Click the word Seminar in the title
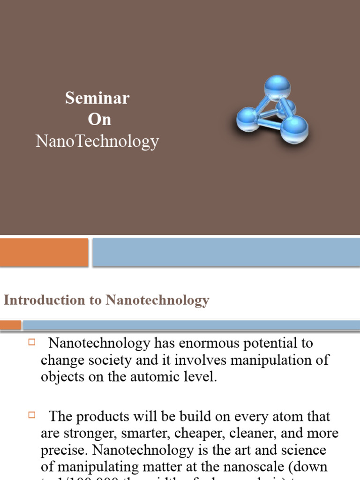[97, 98]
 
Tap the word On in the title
[99, 120]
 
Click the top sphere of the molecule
[277, 88]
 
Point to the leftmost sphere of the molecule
[248, 120]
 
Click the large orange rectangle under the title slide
[44, 252]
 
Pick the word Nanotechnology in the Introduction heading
[157, 300]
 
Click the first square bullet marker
[32, 342]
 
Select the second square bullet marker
[32, 415]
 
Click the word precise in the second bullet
[64, 450]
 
